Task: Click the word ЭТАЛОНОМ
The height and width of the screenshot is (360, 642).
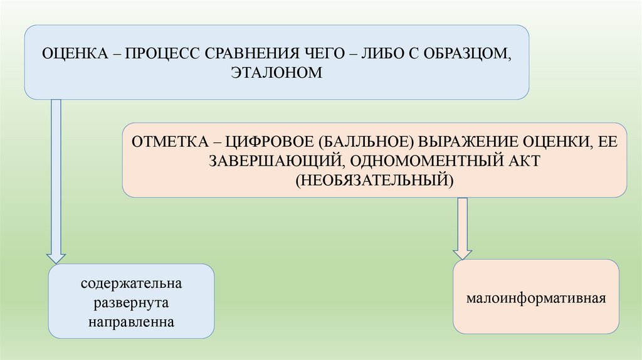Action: pos(276,73)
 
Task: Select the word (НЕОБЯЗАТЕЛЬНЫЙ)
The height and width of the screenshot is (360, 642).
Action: pos(374,179)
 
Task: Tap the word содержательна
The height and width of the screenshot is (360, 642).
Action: pos(131,283)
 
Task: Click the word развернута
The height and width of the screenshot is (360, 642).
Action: pos(131,302)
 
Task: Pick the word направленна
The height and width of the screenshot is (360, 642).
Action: pos(131,321)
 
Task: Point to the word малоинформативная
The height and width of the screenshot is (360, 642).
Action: pos(535,297)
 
